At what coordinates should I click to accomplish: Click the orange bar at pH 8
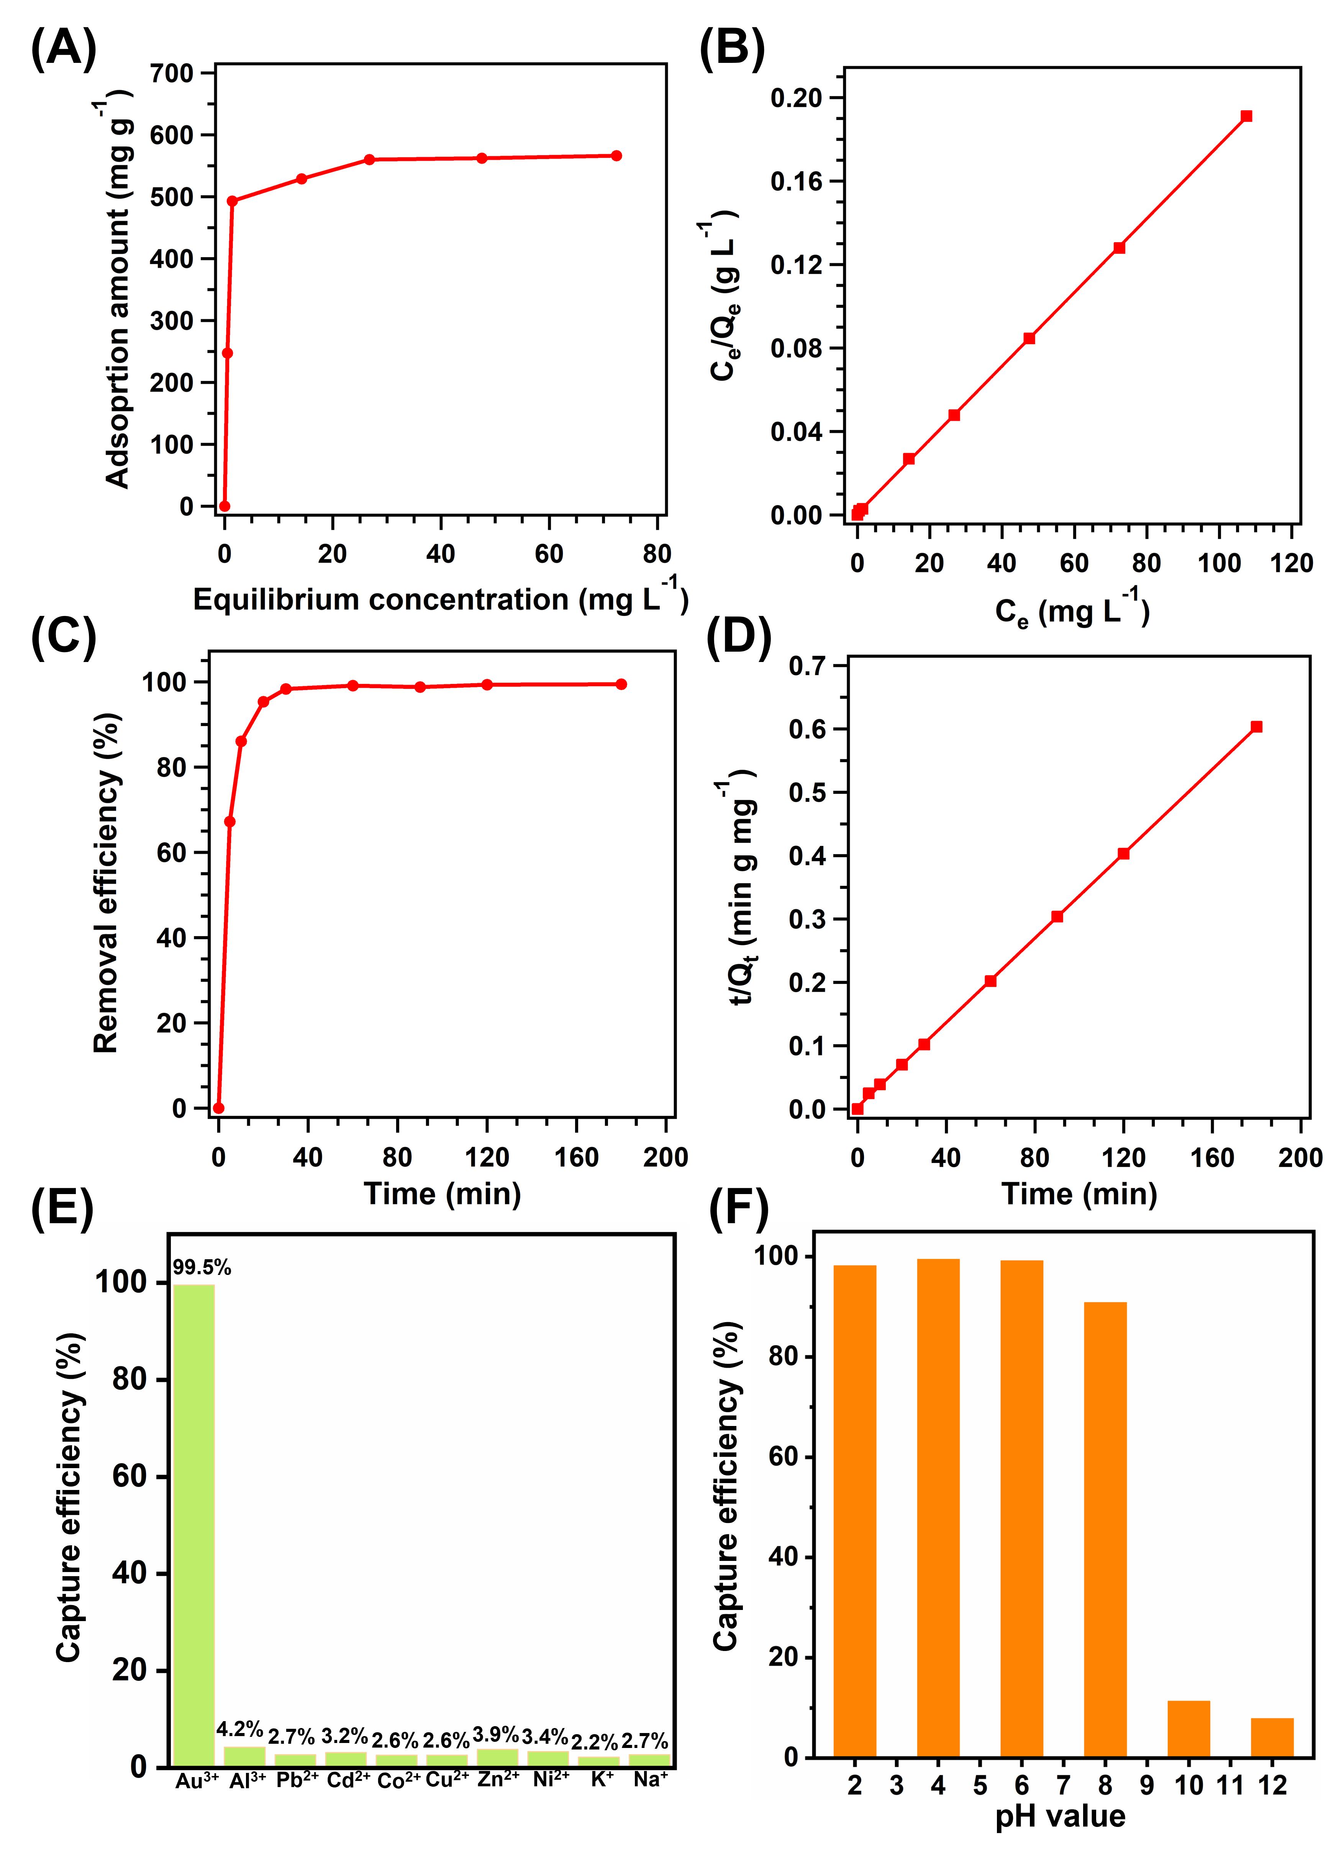pyautogui.click(x=1105, y=1528)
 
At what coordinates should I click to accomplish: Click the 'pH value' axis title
pyautogui.click(x=1060, y=1815)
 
